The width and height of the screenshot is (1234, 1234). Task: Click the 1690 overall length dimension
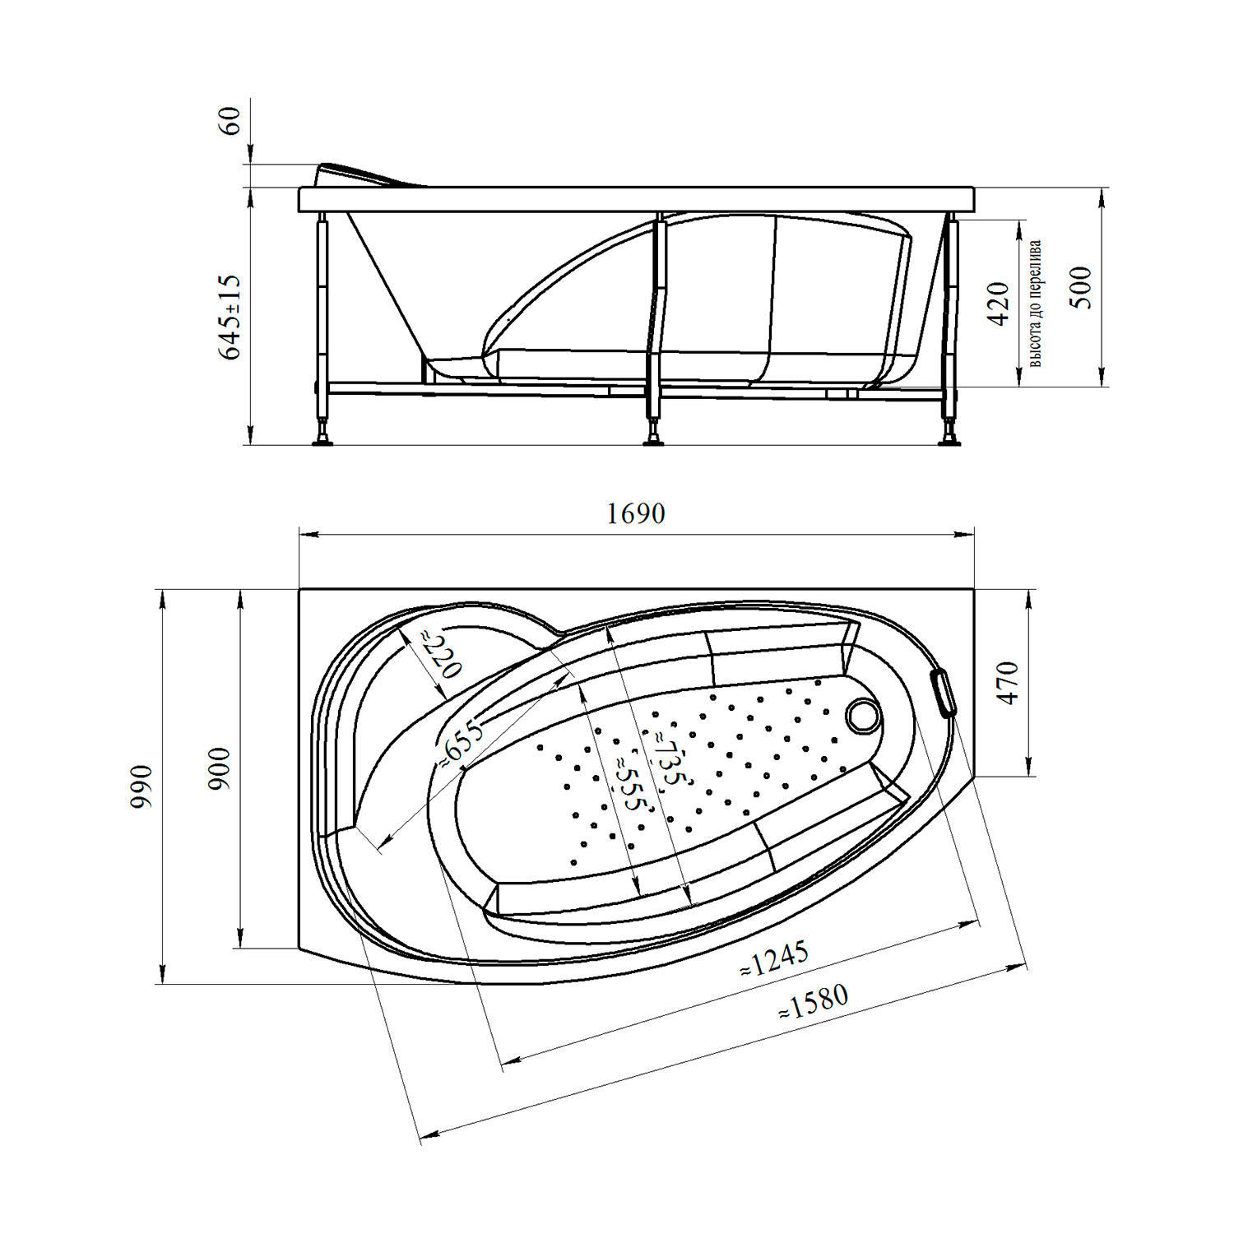[x=635, y=513]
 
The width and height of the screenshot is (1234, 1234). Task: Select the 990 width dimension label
[x=141, y=786]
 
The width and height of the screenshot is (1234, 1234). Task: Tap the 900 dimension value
[x=219, y=769]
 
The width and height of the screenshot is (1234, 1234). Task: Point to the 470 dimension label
[x=1008, y=683]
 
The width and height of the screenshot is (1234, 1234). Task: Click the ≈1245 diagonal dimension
[x=774, y=959]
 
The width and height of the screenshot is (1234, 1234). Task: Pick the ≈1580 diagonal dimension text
[x=814, y=1002]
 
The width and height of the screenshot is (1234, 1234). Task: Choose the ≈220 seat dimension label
[x=442, y=654]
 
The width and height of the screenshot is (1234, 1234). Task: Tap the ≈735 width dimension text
[x=668, y=758]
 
